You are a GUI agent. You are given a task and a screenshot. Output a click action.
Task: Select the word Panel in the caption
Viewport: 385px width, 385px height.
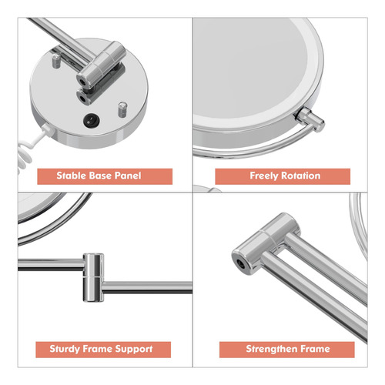click(x=128, y=176)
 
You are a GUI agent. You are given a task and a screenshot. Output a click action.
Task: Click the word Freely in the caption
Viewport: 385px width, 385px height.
click(x=264, y=176)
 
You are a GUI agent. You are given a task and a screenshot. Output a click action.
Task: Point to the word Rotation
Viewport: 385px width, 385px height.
click(x=301, y=176)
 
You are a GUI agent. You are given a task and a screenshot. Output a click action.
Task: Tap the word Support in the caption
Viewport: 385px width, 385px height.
click(x=134, y=349)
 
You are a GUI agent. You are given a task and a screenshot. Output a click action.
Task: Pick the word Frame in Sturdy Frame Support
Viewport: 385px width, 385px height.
click(x=98, y=349)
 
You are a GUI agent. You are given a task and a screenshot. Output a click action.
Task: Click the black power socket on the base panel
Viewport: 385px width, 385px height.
click(x=92, y=120)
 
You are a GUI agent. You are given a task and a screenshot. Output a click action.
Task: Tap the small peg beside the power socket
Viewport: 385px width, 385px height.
click(x=122, y=109)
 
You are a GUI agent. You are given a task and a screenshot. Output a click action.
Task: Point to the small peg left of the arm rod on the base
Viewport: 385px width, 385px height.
click(x=56, y=61)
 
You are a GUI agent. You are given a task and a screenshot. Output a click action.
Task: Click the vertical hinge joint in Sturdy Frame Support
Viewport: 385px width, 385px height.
click(x=93, y=277)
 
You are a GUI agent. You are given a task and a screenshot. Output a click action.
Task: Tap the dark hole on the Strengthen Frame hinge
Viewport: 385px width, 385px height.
click(x=241, y=263)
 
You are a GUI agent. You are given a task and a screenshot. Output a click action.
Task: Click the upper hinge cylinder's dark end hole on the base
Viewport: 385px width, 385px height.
click(x=83, y=82)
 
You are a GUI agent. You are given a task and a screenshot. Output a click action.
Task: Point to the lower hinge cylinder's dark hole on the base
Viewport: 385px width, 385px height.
click(x=82, y=98)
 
